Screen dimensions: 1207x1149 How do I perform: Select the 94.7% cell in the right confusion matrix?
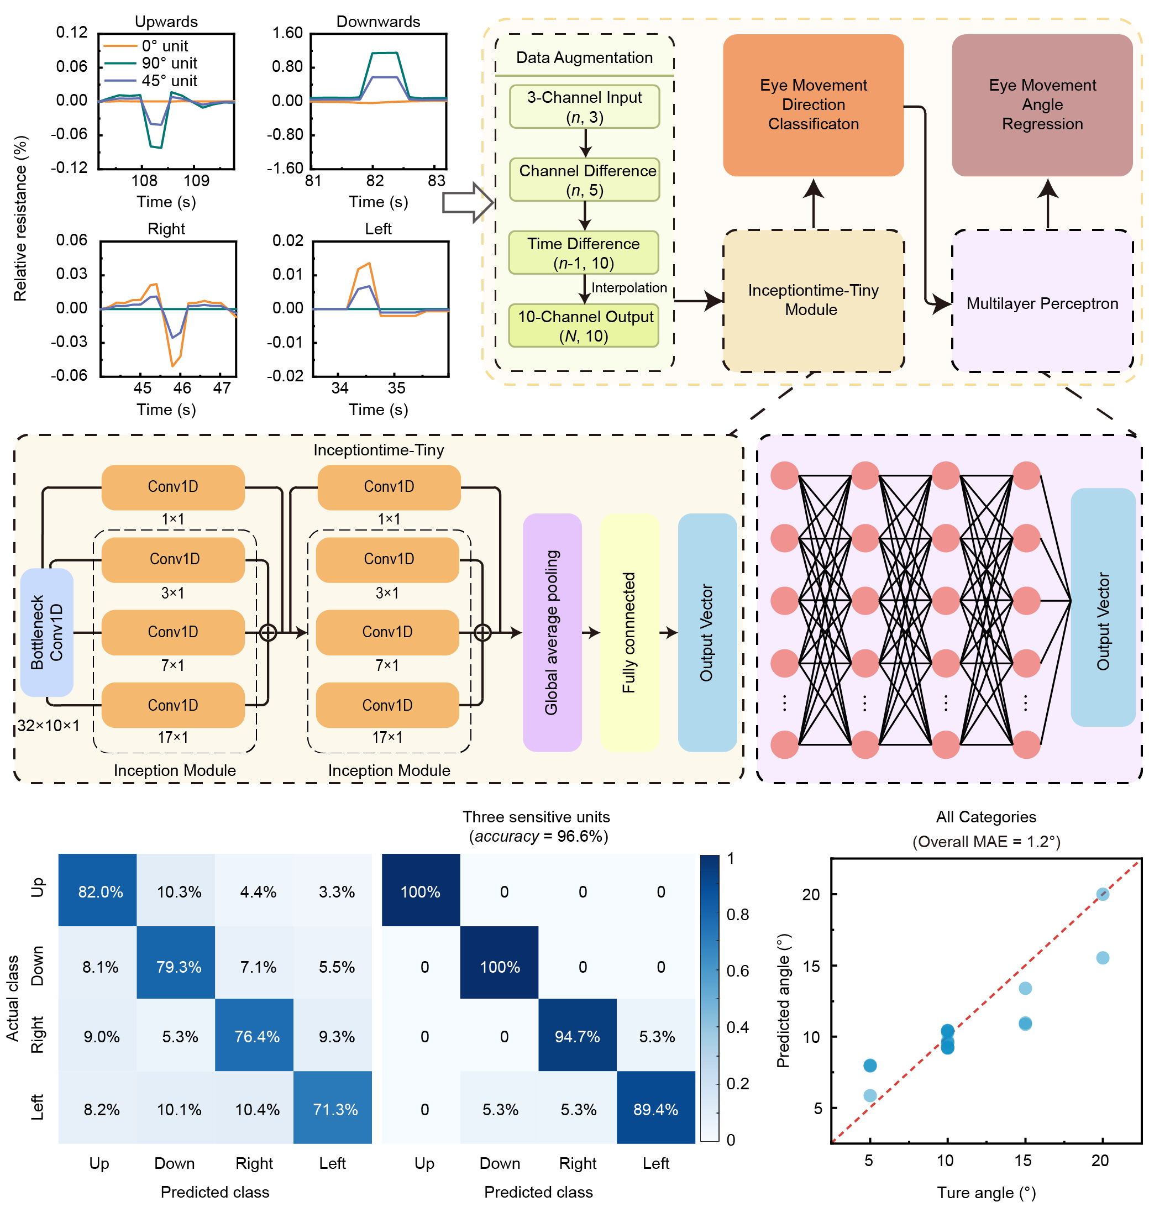(577, 1036)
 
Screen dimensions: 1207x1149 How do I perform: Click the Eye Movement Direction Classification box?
(813, 104)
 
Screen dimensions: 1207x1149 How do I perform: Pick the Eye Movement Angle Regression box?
(1042, 104)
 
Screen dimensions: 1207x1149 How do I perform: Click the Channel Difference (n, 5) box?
(584, 180)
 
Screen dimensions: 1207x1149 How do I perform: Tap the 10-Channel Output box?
(584, 326)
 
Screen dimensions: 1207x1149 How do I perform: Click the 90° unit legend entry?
(169, 63)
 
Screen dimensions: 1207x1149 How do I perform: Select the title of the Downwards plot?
(378, 22)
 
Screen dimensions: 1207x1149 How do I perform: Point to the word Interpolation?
(629, 288)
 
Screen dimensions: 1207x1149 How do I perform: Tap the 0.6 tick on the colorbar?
(737, 970)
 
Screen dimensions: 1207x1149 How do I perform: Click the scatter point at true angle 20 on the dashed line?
(1103, 894)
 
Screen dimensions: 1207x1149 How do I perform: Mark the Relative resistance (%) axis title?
(20, 219)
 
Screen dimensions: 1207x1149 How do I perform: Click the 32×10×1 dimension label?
(49, 726)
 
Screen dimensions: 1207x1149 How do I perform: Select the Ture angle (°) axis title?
(986, 1192)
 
